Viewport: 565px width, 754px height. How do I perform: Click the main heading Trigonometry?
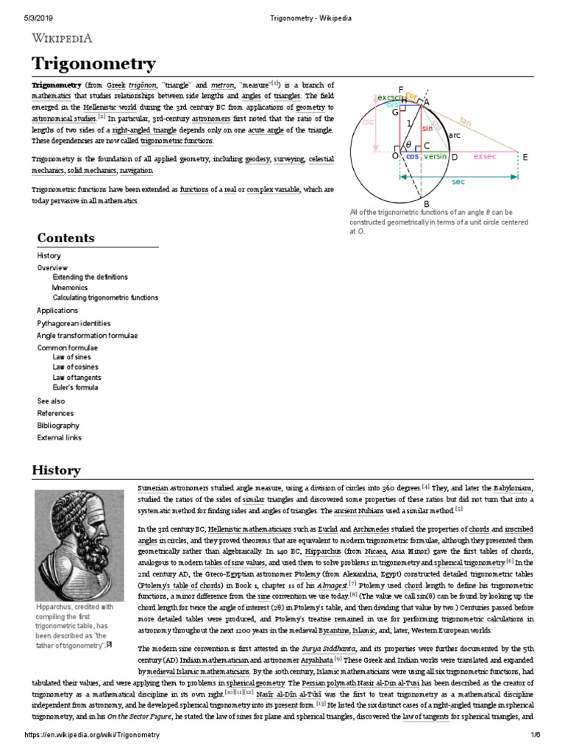click(x=93, y=64)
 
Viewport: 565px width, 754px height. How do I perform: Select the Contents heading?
click(x=65, y=238)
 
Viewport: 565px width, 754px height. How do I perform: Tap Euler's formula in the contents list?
click(x=75, y=387)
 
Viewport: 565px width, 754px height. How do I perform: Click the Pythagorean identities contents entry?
click(x=74, y=323)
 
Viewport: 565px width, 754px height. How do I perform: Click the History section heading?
click(x=55, y=470)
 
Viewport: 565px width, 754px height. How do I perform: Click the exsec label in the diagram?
click(x=485, y=157)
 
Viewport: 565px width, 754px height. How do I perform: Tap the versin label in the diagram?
click(x=437, y=157)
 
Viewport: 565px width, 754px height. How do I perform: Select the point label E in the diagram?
click(x=525, y=157)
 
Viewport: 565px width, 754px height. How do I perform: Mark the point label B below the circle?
click(x=424, y=204)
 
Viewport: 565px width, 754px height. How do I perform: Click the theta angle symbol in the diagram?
click(x=408, y=144)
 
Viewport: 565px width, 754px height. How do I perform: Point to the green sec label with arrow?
click(x=458, y=181)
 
